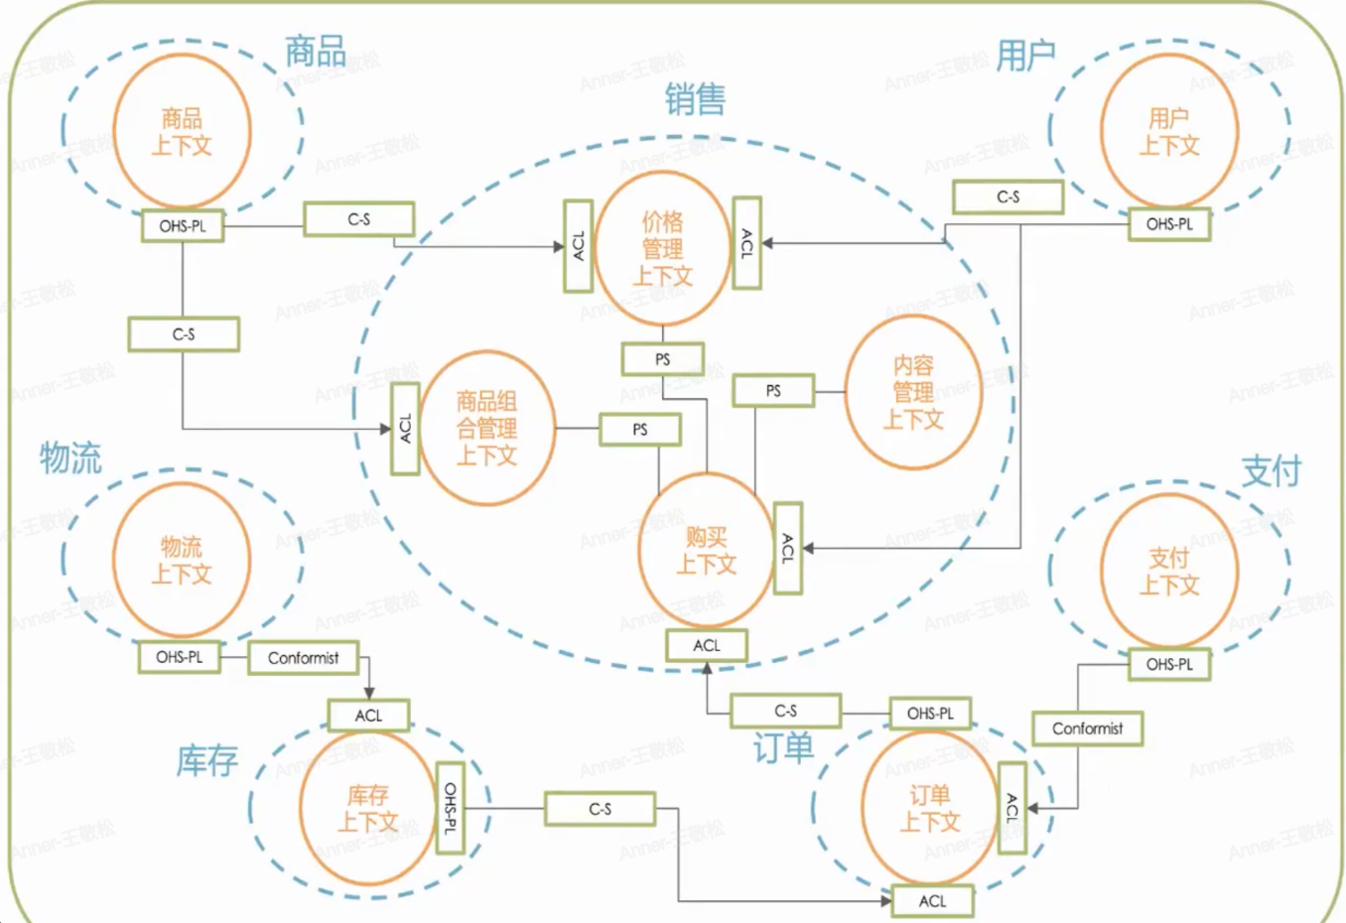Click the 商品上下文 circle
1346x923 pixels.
tap(182, 132)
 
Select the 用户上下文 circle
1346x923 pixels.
tap(1168, 132)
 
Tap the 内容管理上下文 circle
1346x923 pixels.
tap(913, 392)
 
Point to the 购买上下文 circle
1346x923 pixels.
tap(706, 551)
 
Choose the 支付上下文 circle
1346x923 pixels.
tap(1168, 572)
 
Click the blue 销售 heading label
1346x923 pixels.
tap(695, 99)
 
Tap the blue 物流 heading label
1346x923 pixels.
tap(70, 459)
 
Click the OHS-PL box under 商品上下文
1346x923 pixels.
tap(183, 226)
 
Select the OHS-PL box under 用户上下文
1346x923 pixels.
tap(1169, 224)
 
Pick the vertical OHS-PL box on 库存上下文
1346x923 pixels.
tap(451, 808)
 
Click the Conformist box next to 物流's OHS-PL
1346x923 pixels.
tap(303, 658)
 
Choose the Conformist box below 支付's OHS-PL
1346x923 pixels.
tap(1087, 728)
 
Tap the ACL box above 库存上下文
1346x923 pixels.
tap(368, 715)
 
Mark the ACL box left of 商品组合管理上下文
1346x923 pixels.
tap(405, 429)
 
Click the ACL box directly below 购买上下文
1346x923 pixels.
tap(707, 645)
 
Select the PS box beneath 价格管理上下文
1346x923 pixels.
tap(663, 359)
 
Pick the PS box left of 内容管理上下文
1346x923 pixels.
tap(773, 391)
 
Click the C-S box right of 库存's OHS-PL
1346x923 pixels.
tap(600, 809)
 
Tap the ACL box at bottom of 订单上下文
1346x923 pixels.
tap(932, 901)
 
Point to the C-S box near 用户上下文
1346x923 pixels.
tap(1008, 198)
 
